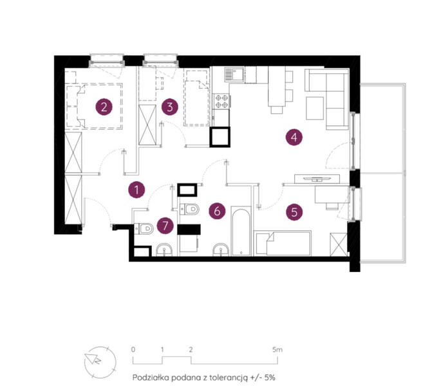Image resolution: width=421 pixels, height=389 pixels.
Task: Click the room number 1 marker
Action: pos(136,190)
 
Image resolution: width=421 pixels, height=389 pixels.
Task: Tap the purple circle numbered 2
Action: pos(104,107)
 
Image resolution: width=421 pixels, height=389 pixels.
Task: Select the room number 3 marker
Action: pos(170,107)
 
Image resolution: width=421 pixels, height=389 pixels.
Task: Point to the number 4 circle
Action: pos(294,137)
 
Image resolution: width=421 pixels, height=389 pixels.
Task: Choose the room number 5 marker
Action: pos(294,212)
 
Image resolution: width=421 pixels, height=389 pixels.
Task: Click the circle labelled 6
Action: pos(217,211)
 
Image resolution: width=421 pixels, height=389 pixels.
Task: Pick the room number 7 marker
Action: pos(165,226)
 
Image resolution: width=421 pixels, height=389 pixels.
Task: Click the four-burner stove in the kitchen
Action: pos(221,101)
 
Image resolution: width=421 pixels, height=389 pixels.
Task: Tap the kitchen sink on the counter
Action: pos(234,74)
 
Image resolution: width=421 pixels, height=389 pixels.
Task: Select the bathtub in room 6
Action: pos(241,231)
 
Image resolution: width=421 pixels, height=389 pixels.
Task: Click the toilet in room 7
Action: pos(144,229)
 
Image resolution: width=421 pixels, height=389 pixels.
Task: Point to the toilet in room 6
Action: pos(189,209)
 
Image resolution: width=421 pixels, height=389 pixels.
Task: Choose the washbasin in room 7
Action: pos(164,249)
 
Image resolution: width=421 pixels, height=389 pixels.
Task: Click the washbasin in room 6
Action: pos(221,249)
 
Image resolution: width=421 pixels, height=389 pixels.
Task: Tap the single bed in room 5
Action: pos(283,243)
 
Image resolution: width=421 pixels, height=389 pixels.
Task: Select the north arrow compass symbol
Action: pos(100,362)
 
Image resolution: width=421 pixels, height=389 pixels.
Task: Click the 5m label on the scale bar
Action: pos(277,350)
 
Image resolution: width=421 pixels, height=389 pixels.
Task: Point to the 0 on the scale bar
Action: pos(133,350)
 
